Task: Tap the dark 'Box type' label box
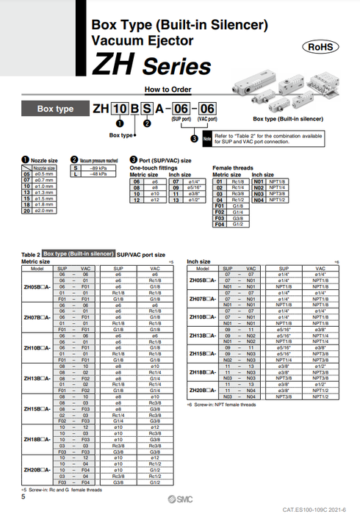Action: [55, 109]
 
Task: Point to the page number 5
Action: [24, 498]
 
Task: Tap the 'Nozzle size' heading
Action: [46, 159]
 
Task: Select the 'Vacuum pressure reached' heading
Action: [96, 159]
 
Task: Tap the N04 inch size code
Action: [259, 198]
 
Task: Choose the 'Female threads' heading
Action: [231, 168]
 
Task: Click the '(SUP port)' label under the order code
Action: [181, 118]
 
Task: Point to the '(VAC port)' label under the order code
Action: [207, 118]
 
